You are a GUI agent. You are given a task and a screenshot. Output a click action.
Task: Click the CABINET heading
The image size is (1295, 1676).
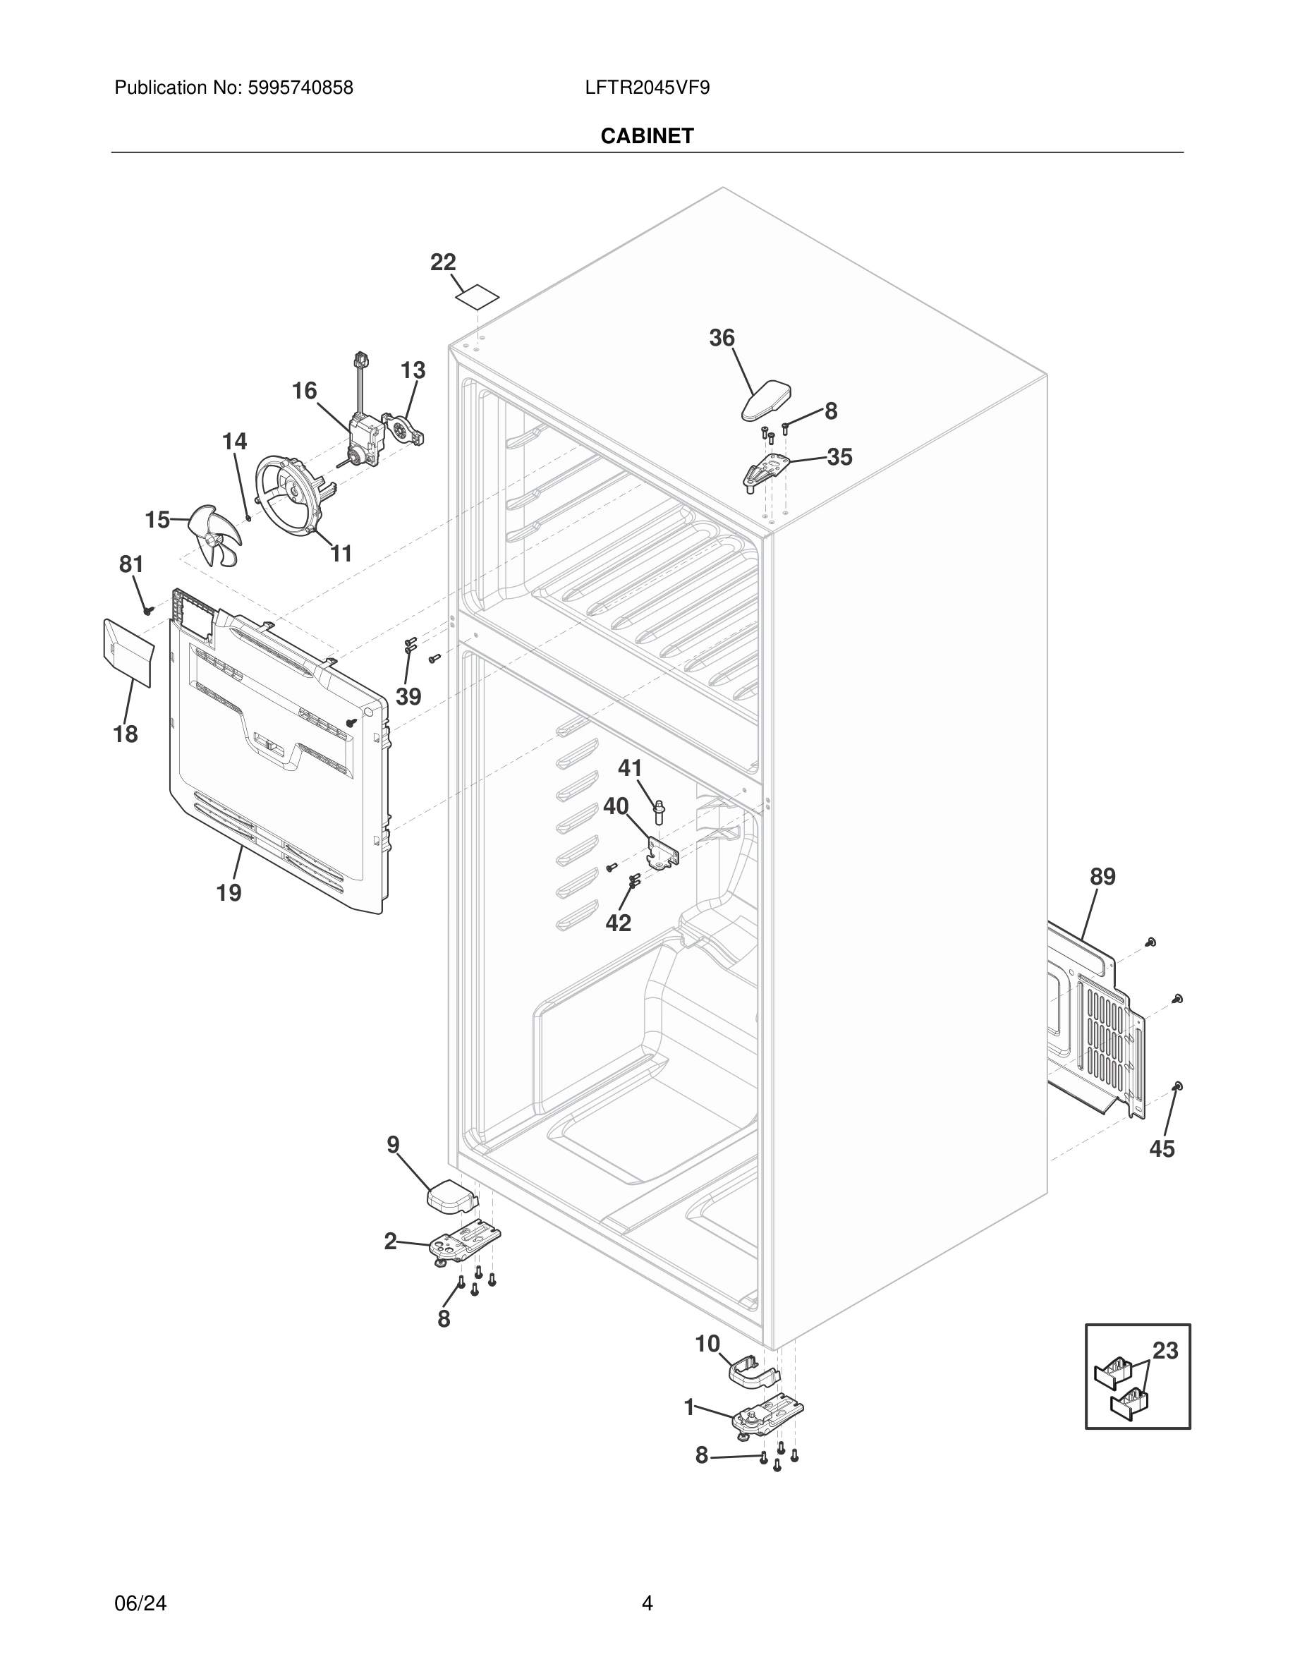click(647, 136)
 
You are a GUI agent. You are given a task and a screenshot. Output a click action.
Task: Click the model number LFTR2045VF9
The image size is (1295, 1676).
click(647, 87)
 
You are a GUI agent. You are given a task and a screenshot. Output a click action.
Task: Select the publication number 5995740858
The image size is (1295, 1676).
click(300, 87)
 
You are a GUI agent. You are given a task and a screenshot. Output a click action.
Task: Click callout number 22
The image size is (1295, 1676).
click(443, 262)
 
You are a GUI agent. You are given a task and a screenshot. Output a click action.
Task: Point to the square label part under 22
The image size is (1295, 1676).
click(476, 297)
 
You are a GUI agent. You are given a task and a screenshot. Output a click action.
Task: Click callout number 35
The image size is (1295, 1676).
click(839, 457)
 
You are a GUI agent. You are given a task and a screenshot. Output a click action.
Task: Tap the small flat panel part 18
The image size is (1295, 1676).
click(128, 651)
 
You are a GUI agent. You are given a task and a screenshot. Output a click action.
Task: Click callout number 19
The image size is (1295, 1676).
click(229, 892)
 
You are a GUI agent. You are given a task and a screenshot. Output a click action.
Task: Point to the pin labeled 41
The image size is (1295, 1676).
click(658, 812)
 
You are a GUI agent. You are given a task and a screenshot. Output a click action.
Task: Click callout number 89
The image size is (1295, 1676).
click(1102, 876)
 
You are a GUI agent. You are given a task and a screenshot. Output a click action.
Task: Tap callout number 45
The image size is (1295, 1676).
click(1162, 1149)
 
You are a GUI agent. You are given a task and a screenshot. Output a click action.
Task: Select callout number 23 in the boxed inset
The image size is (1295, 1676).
click(1165, 1351)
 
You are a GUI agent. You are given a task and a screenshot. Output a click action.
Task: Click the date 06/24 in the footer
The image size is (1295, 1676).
click(140, 1603)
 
